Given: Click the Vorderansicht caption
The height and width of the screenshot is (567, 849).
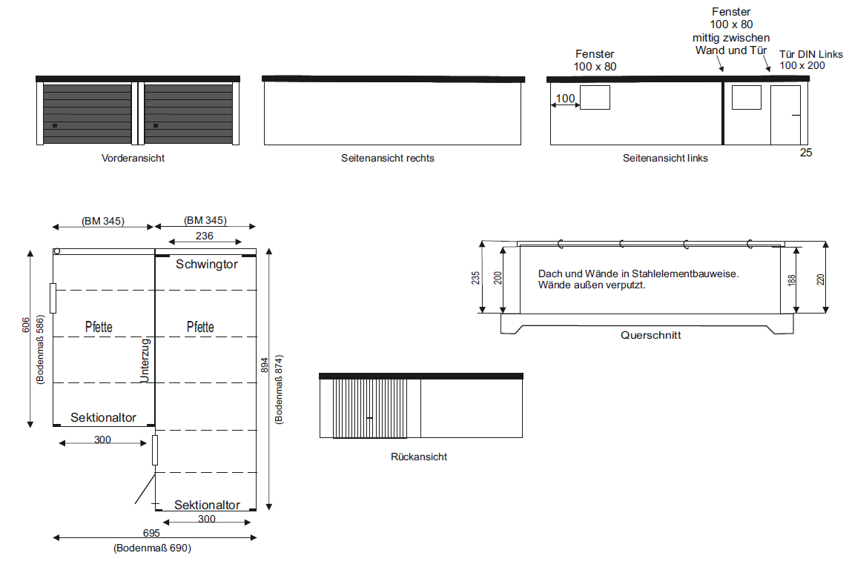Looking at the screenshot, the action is click(133, 158).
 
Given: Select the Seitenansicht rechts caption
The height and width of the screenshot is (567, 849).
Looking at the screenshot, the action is click(388, 158).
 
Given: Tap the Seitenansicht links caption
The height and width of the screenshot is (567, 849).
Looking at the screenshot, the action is click(665, 158).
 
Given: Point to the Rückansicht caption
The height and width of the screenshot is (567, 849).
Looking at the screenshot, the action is click(419, 457).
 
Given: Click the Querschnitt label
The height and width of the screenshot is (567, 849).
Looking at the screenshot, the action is click(651, 335).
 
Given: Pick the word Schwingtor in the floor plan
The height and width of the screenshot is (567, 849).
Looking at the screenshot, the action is click(207, 264).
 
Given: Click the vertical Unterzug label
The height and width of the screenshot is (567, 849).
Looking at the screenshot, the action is click(145, 360).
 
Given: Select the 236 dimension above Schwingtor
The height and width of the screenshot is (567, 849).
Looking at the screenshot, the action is click(205, 236).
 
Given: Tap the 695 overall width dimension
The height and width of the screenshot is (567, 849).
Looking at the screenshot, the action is click(151, 533).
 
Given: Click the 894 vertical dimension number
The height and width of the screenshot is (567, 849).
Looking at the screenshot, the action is click(265, 365).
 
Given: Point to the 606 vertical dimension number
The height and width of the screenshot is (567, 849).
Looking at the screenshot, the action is click(26, 325).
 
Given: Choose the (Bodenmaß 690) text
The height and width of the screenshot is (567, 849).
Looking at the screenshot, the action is click(152, 548).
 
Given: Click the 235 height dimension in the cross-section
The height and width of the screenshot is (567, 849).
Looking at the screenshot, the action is click(475, 278).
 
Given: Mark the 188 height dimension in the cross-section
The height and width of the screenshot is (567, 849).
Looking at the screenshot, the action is click(792, 280).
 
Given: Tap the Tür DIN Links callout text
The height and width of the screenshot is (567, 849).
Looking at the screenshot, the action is click(811, 54).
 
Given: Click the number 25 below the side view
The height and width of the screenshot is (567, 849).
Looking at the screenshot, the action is click(806, 153).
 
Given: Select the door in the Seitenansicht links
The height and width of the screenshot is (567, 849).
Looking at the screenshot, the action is click(786, 115).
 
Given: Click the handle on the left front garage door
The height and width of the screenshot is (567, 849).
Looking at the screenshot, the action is click(55, 125).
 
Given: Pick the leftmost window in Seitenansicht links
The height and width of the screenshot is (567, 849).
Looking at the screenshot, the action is click(595, 97).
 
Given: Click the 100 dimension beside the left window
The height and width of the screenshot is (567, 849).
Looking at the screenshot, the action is click(565, 99).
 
